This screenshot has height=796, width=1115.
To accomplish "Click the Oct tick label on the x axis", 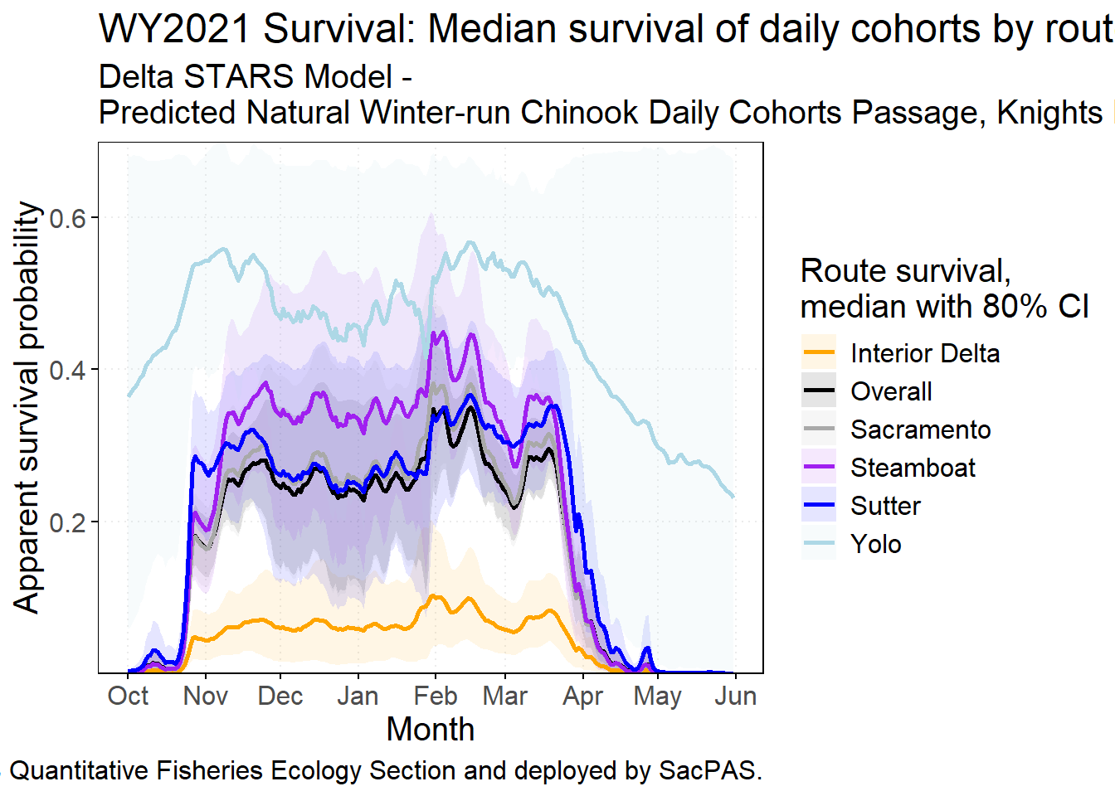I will pos(128,696).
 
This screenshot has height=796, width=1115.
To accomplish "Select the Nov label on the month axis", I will pos(205,696).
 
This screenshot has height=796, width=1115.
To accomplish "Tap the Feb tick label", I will pos(435,696).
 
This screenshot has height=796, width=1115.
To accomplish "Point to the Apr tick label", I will pos(582,696).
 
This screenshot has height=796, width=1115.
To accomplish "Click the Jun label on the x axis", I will pos(735,696).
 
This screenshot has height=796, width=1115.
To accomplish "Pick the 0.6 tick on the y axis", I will pos(68,218).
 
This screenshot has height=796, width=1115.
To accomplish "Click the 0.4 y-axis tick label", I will pos(68,370).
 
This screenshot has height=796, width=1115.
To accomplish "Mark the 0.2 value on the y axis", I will pos(68,522).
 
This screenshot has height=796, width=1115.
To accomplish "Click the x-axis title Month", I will pos(431,730).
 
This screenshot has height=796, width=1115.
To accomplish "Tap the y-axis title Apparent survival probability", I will pos(27,407).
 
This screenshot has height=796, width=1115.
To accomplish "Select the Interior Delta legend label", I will pos(925,353).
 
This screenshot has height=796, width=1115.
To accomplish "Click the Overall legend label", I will pos(891,391).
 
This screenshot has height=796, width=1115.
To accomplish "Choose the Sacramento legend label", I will pos(920,430).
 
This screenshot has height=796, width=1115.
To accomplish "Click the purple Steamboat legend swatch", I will pos(819,468).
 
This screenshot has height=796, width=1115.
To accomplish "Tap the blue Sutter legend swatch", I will pos(819,506).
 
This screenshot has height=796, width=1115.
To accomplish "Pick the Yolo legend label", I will pos(876,544).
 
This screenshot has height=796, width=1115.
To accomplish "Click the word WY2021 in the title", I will pos(174,29).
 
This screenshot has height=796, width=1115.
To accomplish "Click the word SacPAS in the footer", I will pos(708,770).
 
